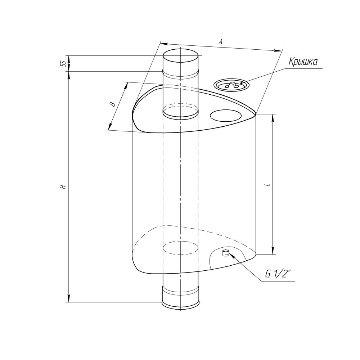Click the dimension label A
[x=221, y=41]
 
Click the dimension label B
[x=112, y=104]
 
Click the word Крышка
[x=303, y=62]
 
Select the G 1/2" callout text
[x=278, y=274]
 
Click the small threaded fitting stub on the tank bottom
[x=226, y=253]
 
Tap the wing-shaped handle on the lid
[x=231, y=85]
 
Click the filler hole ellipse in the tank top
[x=226, y=116]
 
